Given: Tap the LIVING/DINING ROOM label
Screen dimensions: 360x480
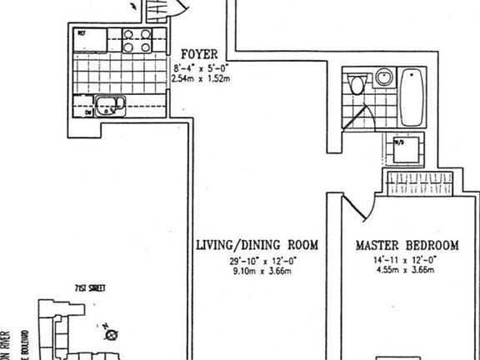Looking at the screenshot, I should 257,246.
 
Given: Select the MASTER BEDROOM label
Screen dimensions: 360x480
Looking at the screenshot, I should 407,246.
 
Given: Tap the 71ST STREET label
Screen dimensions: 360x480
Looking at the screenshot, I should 88,287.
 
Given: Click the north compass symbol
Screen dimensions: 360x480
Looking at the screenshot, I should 109,335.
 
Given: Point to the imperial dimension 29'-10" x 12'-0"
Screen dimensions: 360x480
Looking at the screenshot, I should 257,261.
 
